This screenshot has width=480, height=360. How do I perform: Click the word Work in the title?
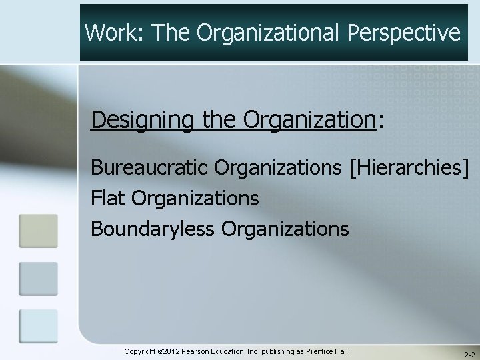click(x=109, y=31)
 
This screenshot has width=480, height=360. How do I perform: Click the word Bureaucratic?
click(x=151, y=167)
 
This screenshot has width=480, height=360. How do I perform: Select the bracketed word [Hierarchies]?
click(x=409, y=167)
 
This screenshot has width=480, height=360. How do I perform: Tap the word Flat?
click(x=109, y=198)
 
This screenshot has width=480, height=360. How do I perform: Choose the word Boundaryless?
click(x=153, y=229)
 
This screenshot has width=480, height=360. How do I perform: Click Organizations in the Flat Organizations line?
click(x=195, y=198)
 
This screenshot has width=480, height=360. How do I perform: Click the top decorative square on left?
click(x=38, y=231)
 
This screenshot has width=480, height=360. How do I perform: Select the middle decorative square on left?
click(x=38, y=278)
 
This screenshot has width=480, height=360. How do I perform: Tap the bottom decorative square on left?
click(x=38, y=326)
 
